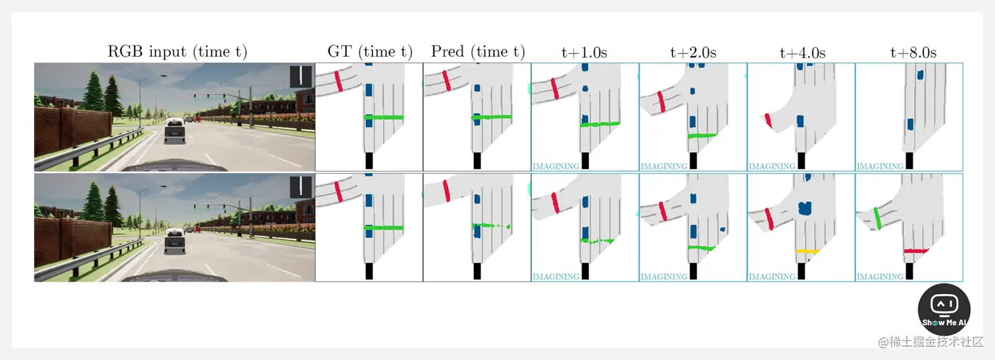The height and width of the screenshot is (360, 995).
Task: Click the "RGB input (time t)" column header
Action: (x=177, y=52)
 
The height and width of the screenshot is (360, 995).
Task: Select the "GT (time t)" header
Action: (x=369, y=52)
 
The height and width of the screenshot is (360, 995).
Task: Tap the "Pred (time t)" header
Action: (x=478, y=52)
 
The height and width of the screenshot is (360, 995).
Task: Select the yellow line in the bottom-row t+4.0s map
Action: (x=807, y=251)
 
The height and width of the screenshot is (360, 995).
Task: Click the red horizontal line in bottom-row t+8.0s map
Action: (x=915, y=251)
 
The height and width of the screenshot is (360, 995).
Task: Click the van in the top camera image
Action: (x=174, y=130)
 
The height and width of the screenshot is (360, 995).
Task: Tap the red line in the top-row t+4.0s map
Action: (x=768, y=120)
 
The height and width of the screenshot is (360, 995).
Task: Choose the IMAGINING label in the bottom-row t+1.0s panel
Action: (x=556, y=277)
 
